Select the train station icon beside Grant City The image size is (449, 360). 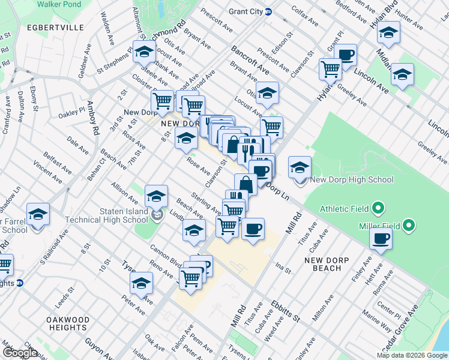[268, 12]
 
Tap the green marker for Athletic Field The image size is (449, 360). [378, 209]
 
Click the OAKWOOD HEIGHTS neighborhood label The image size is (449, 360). [68, 323]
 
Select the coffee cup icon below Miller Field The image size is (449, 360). [381, 239]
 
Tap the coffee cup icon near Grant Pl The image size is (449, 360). [345, 55]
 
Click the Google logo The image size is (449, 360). [20, 352]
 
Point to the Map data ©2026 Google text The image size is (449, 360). [411, 355]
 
